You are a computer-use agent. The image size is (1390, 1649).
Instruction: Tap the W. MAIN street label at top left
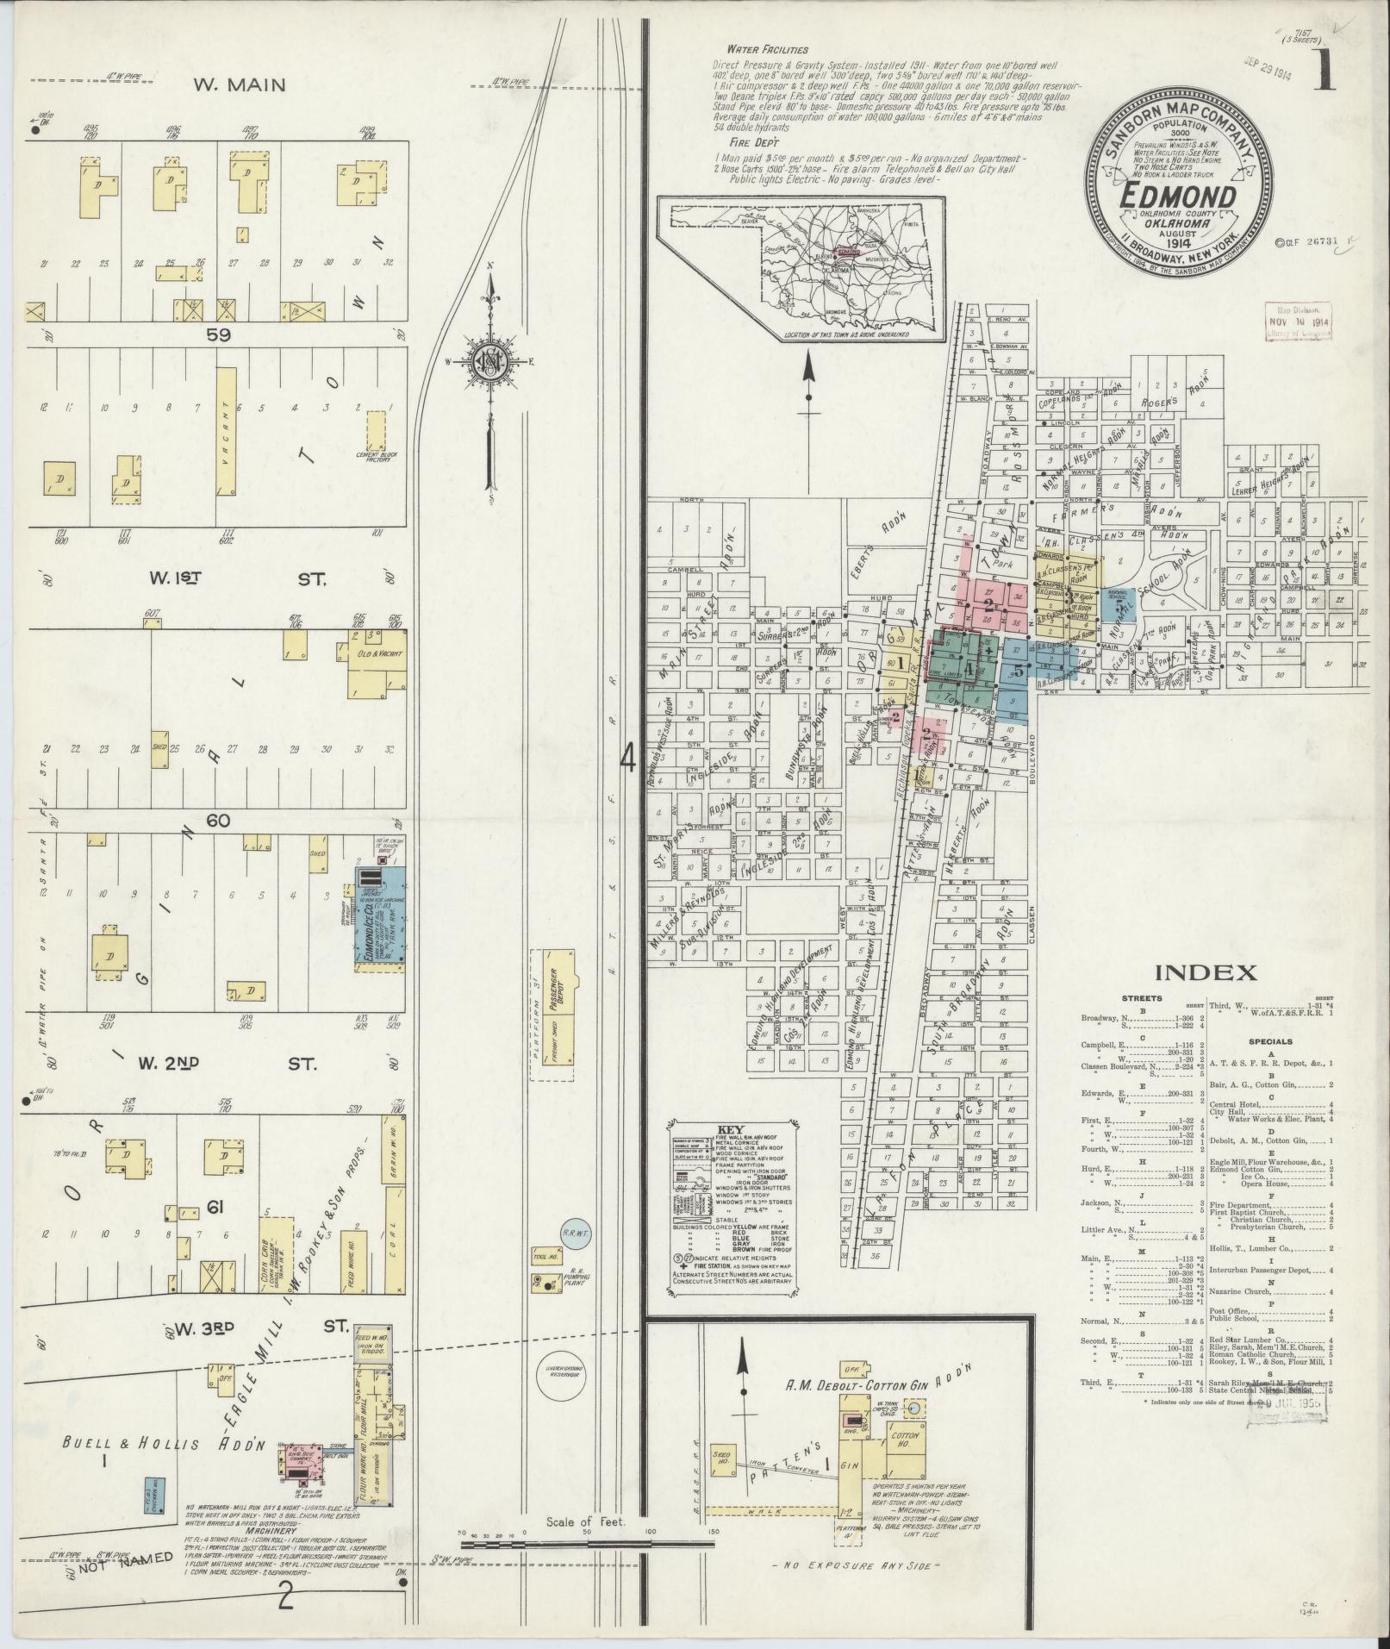pyautogui.click(x=239, y=84)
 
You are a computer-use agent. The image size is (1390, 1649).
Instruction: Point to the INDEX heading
pyautogui.click(x=1205, y=973)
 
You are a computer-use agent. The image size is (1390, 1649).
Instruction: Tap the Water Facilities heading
pyautogui.click(x=767, y=49)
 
